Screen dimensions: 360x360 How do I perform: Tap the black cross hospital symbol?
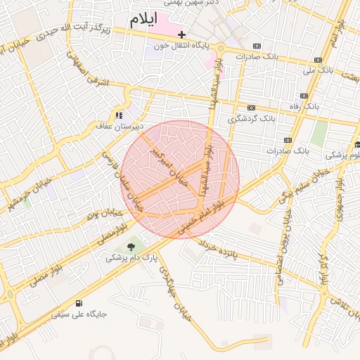(x=181, y=34)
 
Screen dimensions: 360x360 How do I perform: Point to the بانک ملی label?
(x=318, y=70)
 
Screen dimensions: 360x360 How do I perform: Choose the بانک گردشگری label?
(x=266, y=118)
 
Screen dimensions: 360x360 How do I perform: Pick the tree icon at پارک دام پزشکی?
(x=131, y=246)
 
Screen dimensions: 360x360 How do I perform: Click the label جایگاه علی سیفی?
(x=78, y=314)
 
